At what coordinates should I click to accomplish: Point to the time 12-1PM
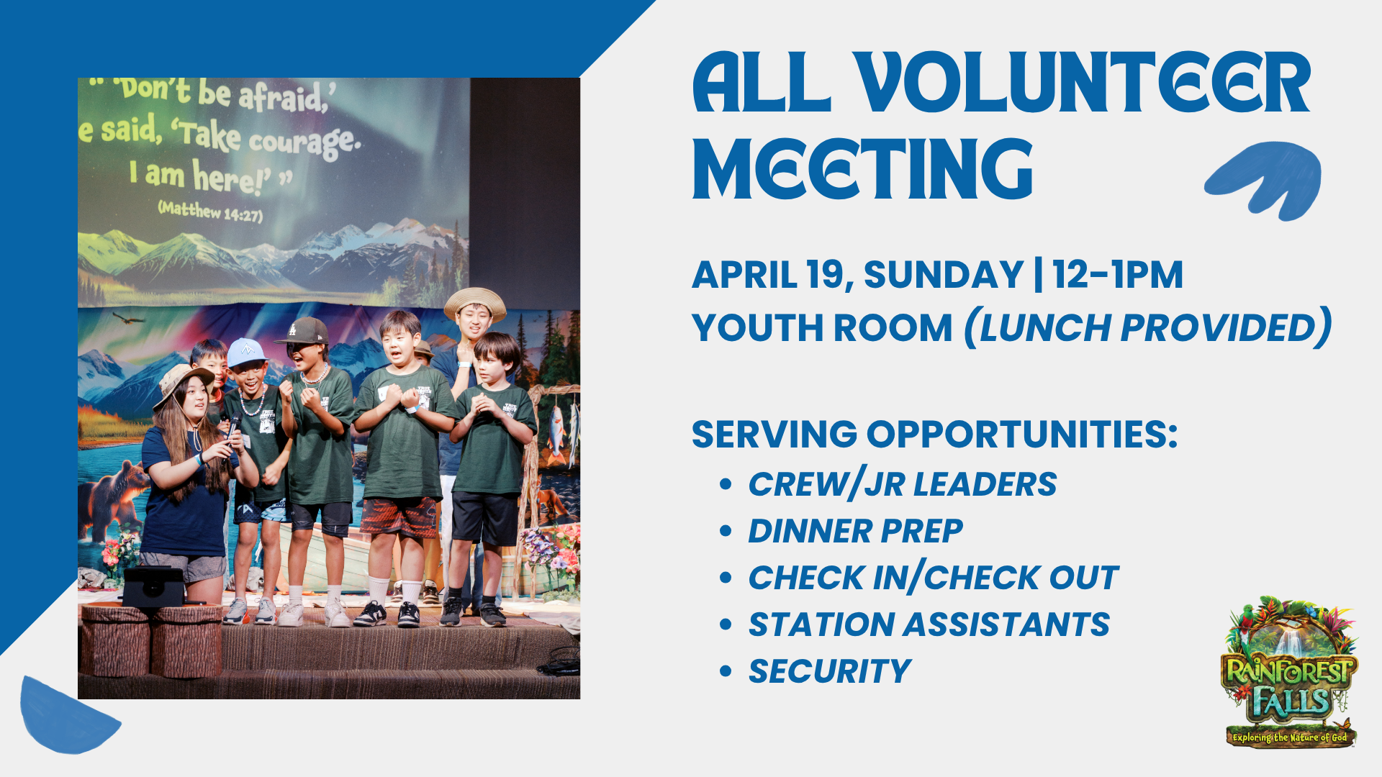click(1118, 275)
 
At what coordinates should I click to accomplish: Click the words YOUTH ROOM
click(822, 328)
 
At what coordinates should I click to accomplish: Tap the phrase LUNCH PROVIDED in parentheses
click(1147, 328)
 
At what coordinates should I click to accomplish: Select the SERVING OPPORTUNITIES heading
click(934, 435)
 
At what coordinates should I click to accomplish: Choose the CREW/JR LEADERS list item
click(903, 484)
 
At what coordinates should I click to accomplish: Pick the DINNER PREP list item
click(855, 532)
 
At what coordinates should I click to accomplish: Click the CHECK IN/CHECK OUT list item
click(933, 578)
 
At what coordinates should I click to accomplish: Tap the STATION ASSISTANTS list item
click(929, 624)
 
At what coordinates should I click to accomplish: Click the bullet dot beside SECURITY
click(726, 672)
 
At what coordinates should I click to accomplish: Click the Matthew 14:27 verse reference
click(210, 212)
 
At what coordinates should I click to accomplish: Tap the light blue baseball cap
click(245, 352)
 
